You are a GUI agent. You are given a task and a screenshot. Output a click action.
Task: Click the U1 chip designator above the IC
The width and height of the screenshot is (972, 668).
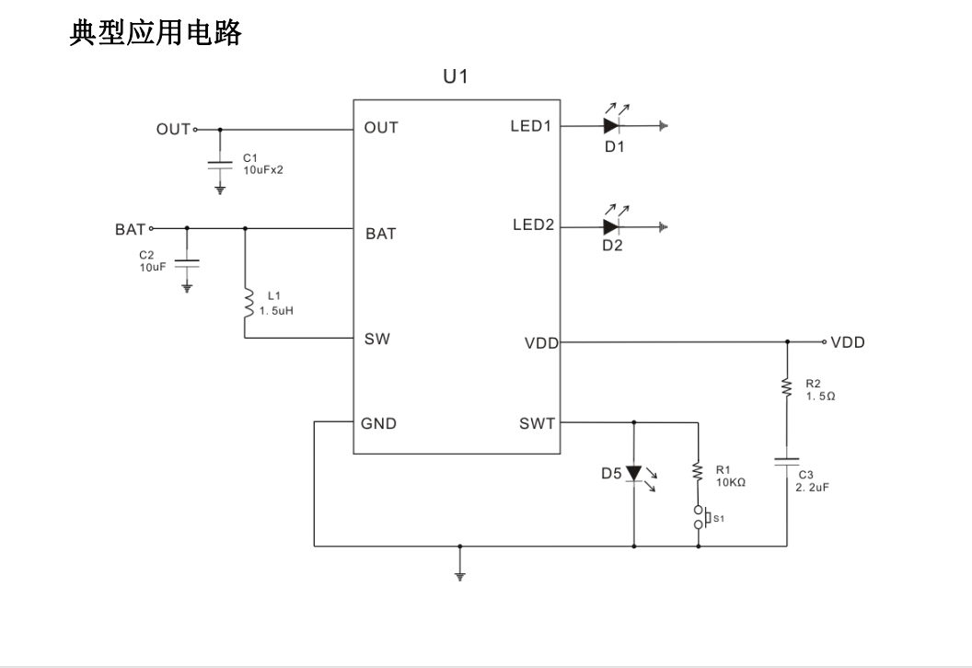tap(457, 77)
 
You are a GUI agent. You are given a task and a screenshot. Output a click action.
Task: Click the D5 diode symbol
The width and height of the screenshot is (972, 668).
tap(634, 473)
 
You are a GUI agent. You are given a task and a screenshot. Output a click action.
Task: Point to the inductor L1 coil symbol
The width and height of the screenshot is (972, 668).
tap(245, 304)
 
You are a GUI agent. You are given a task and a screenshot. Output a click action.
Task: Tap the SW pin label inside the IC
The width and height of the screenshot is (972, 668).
tap(377, 340)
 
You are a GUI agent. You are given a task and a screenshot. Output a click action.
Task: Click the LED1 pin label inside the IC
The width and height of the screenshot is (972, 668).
tap(531, 127)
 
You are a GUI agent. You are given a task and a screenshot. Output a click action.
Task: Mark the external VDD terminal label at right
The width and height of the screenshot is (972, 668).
tap(847, 342)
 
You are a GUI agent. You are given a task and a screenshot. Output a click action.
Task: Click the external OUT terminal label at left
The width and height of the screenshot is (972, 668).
tap(173, 129)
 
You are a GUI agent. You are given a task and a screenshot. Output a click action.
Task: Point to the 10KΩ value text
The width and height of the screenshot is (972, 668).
tap(730, 481)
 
